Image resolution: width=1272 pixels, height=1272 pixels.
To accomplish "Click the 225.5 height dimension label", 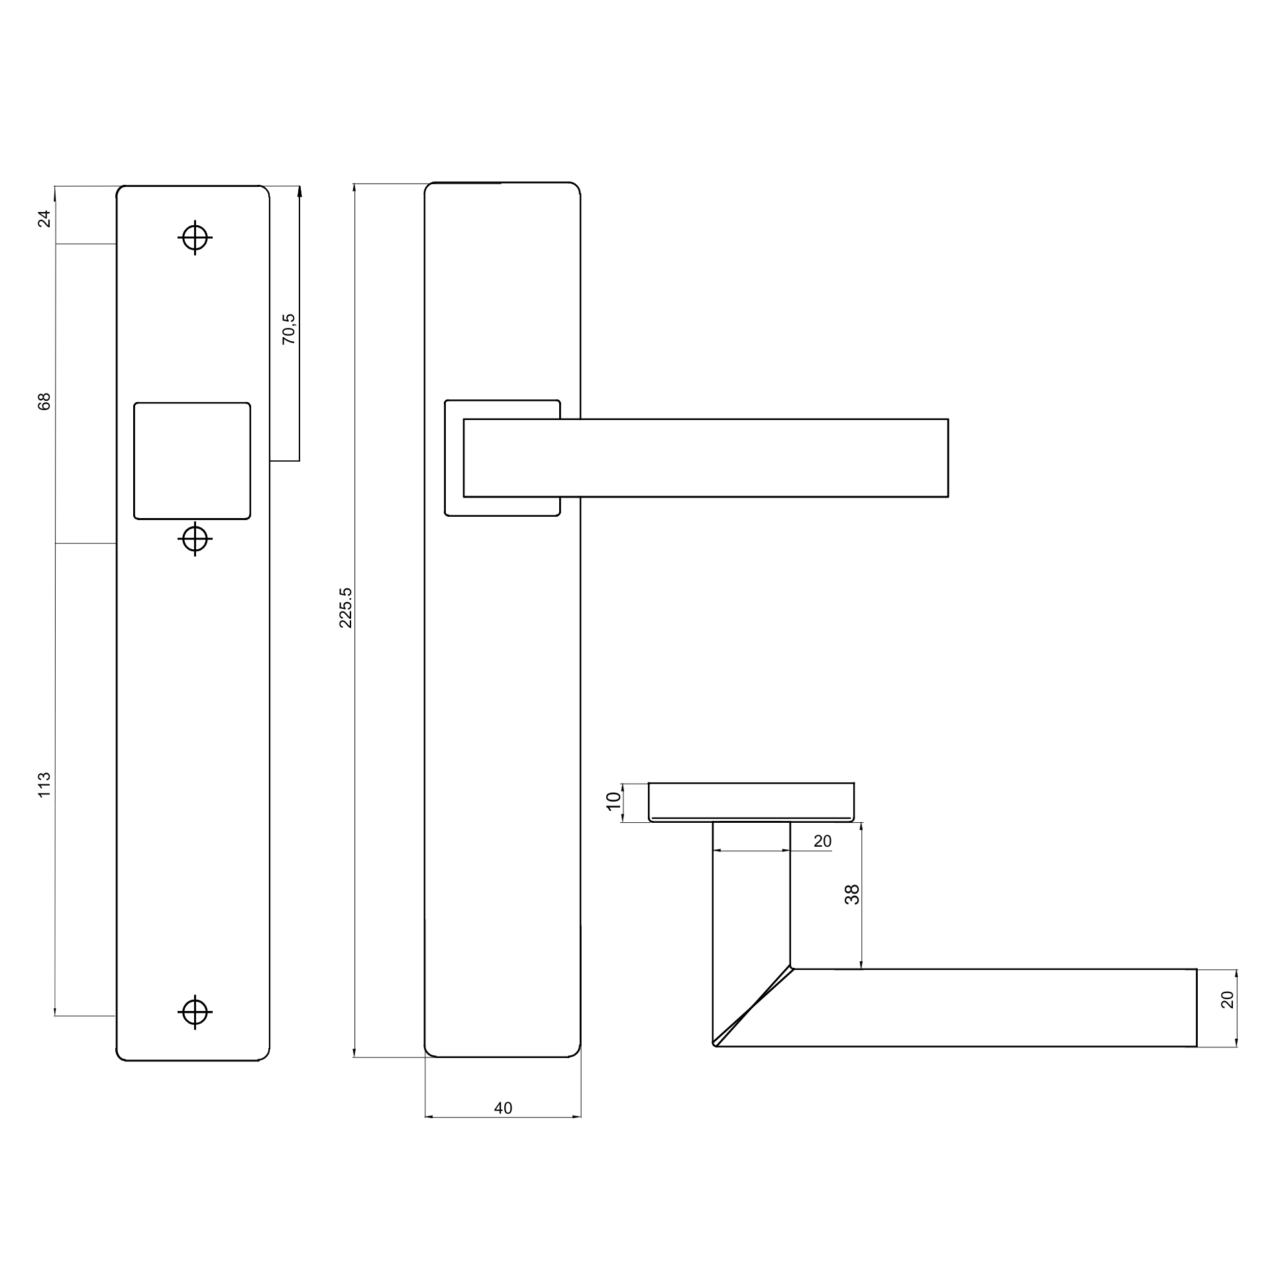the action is click(345, 607).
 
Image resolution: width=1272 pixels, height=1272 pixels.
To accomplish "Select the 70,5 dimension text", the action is click(288, 329).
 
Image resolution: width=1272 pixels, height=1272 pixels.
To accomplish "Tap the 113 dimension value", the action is click(44, 784).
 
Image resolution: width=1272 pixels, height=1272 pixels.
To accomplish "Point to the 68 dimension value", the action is click(44, 401).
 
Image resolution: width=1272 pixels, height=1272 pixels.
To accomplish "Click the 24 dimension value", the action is click(44, 218).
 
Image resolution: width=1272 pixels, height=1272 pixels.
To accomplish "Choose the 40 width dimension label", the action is click(503, 1108).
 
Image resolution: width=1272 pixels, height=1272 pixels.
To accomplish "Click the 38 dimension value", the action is click(852, 894).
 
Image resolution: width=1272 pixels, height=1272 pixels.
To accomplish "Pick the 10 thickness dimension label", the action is click(614, 801).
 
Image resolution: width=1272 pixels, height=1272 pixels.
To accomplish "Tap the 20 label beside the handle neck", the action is click(822, 841).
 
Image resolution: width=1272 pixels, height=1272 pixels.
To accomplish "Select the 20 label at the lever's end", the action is click(1228, 1000).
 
